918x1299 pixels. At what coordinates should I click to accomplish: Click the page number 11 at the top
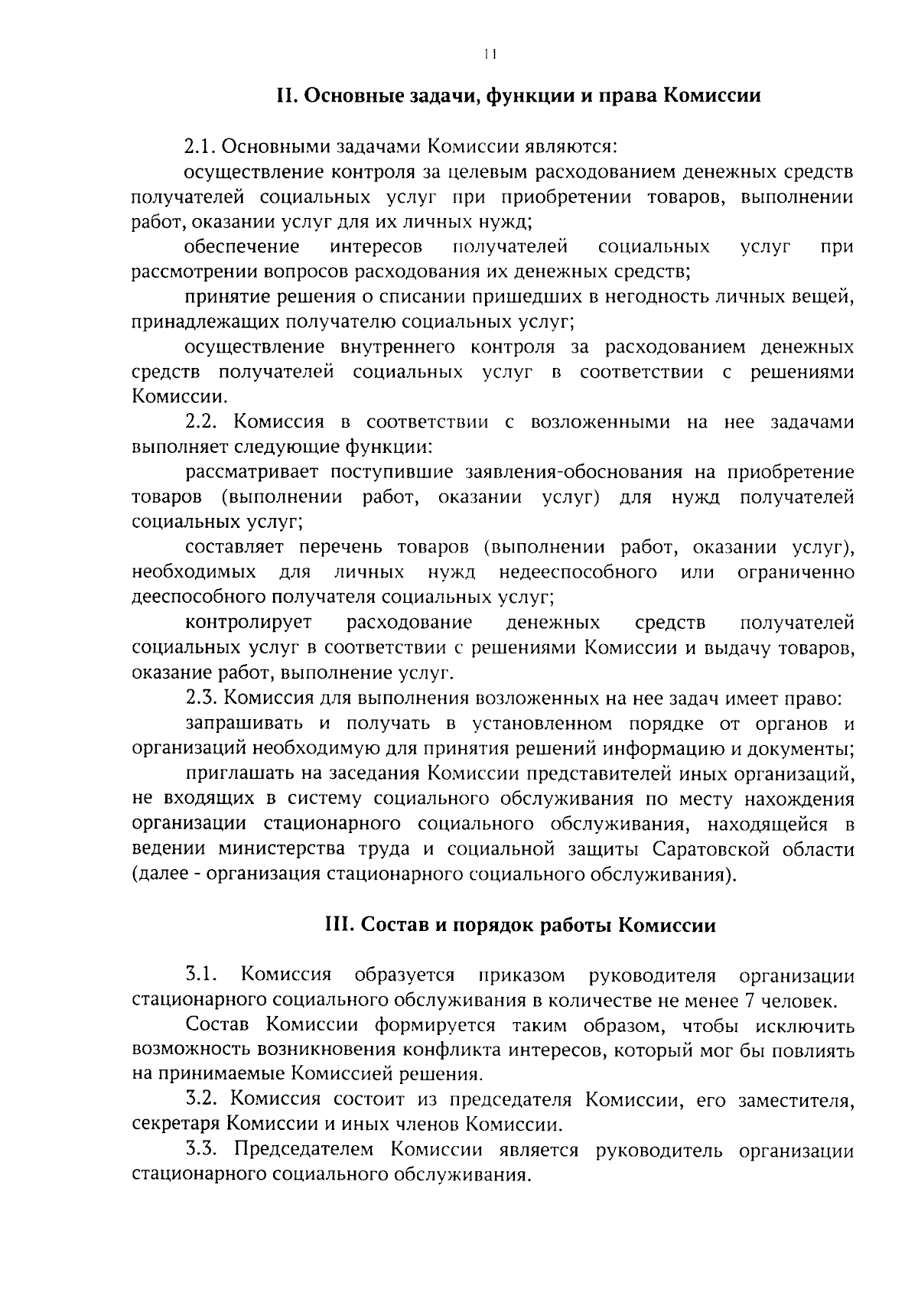490,54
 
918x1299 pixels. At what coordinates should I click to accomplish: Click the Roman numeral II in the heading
286,96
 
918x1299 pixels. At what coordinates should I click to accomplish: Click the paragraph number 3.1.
202,975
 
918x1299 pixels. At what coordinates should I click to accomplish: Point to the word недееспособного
578,572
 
